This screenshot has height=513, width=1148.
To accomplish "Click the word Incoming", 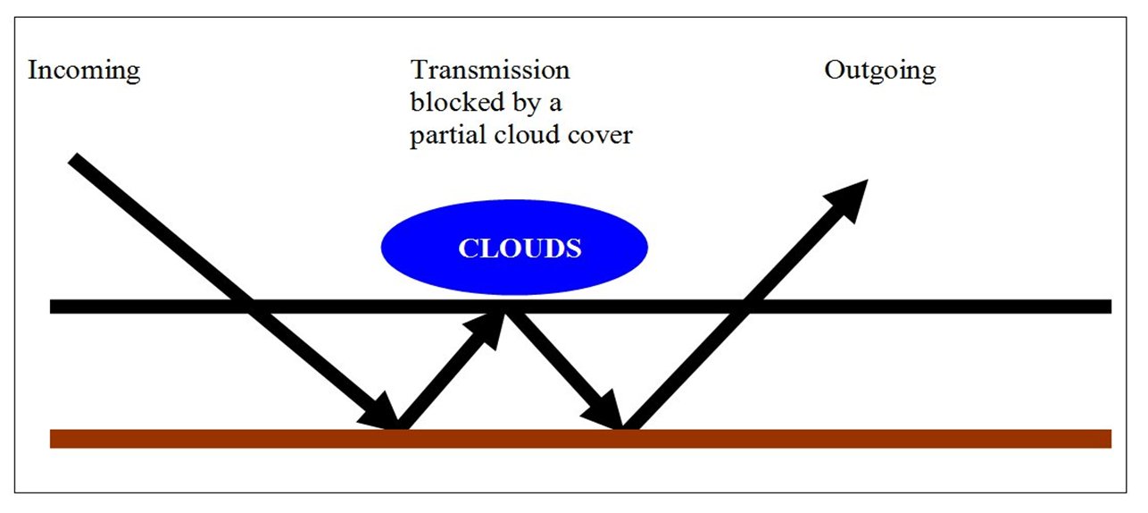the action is coord(84,71).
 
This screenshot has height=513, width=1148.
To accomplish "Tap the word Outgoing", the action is coord(880,71).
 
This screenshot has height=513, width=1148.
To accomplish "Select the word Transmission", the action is coord(490,70).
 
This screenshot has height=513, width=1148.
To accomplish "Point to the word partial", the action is coord(447,136).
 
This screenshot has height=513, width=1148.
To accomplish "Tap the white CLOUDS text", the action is coord(520,248).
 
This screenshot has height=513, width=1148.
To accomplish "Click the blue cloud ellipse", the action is coord(514,248).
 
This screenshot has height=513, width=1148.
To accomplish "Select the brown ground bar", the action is coord(580,439).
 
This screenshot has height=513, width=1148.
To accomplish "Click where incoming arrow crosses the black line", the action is coord(250,307).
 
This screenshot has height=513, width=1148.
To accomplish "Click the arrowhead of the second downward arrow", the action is coord(603,411).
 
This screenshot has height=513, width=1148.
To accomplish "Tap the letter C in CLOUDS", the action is coord(468,248).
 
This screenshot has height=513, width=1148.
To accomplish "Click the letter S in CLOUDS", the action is coord(573,248).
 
